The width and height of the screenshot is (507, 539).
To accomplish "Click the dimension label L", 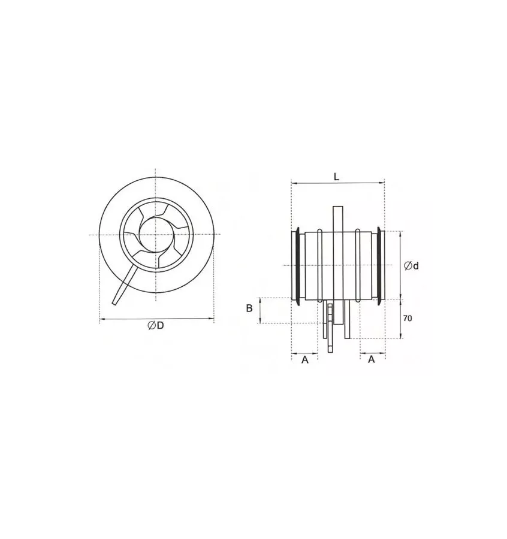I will click(x=337, y=177).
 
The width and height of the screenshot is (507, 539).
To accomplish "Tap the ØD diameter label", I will click(x=156, y=325).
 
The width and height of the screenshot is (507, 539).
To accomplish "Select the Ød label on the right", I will click(x=411, y=265).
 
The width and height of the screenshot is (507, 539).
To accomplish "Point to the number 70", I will click(x=407, y=319).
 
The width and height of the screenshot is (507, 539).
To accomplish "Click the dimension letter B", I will click(x=249, y=308).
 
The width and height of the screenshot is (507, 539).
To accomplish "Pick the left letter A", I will click(x=304, y=359).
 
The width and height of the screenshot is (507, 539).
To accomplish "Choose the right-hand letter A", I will click(x=371, y=359).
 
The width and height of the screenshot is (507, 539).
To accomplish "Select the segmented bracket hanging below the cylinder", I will click(x=329, y=326).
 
